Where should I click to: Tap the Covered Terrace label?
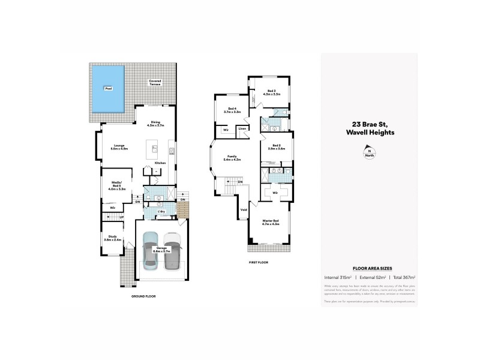tap(155, 82)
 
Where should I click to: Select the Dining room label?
tap(155, 124)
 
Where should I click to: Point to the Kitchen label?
tap(160, 163)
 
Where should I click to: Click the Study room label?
tap(113, 238)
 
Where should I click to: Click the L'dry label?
tap(161, 211)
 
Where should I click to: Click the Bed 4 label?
tap(232, 110)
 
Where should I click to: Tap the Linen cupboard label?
tap(242, 128)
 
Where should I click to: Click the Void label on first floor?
tap(244, 209)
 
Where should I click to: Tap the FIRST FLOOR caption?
tap(258, 262)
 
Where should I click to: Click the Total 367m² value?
tap(403, 277)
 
